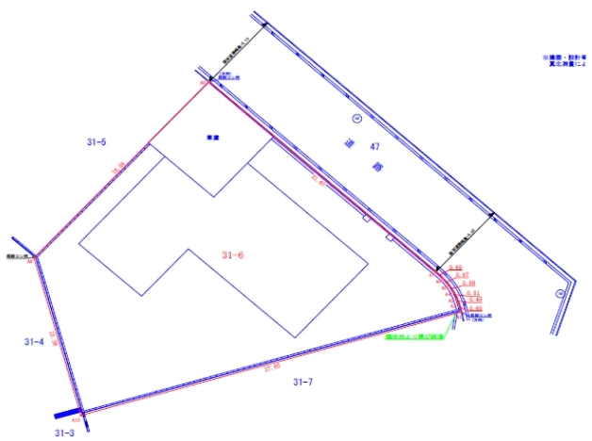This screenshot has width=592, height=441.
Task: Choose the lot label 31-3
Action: tap(64, 433)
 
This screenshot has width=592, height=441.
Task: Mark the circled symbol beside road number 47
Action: tap(356, 119)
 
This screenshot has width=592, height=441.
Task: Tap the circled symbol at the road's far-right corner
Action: tap(559, 293)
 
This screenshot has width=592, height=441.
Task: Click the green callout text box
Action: tap(418, 334)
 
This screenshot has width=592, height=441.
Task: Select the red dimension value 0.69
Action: tap(455, 268)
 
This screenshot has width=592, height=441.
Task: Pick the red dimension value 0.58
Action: tap(469, 283)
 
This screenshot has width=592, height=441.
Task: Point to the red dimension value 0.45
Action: tap(474, 300)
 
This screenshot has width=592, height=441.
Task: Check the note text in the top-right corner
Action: tap(563, 62)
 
